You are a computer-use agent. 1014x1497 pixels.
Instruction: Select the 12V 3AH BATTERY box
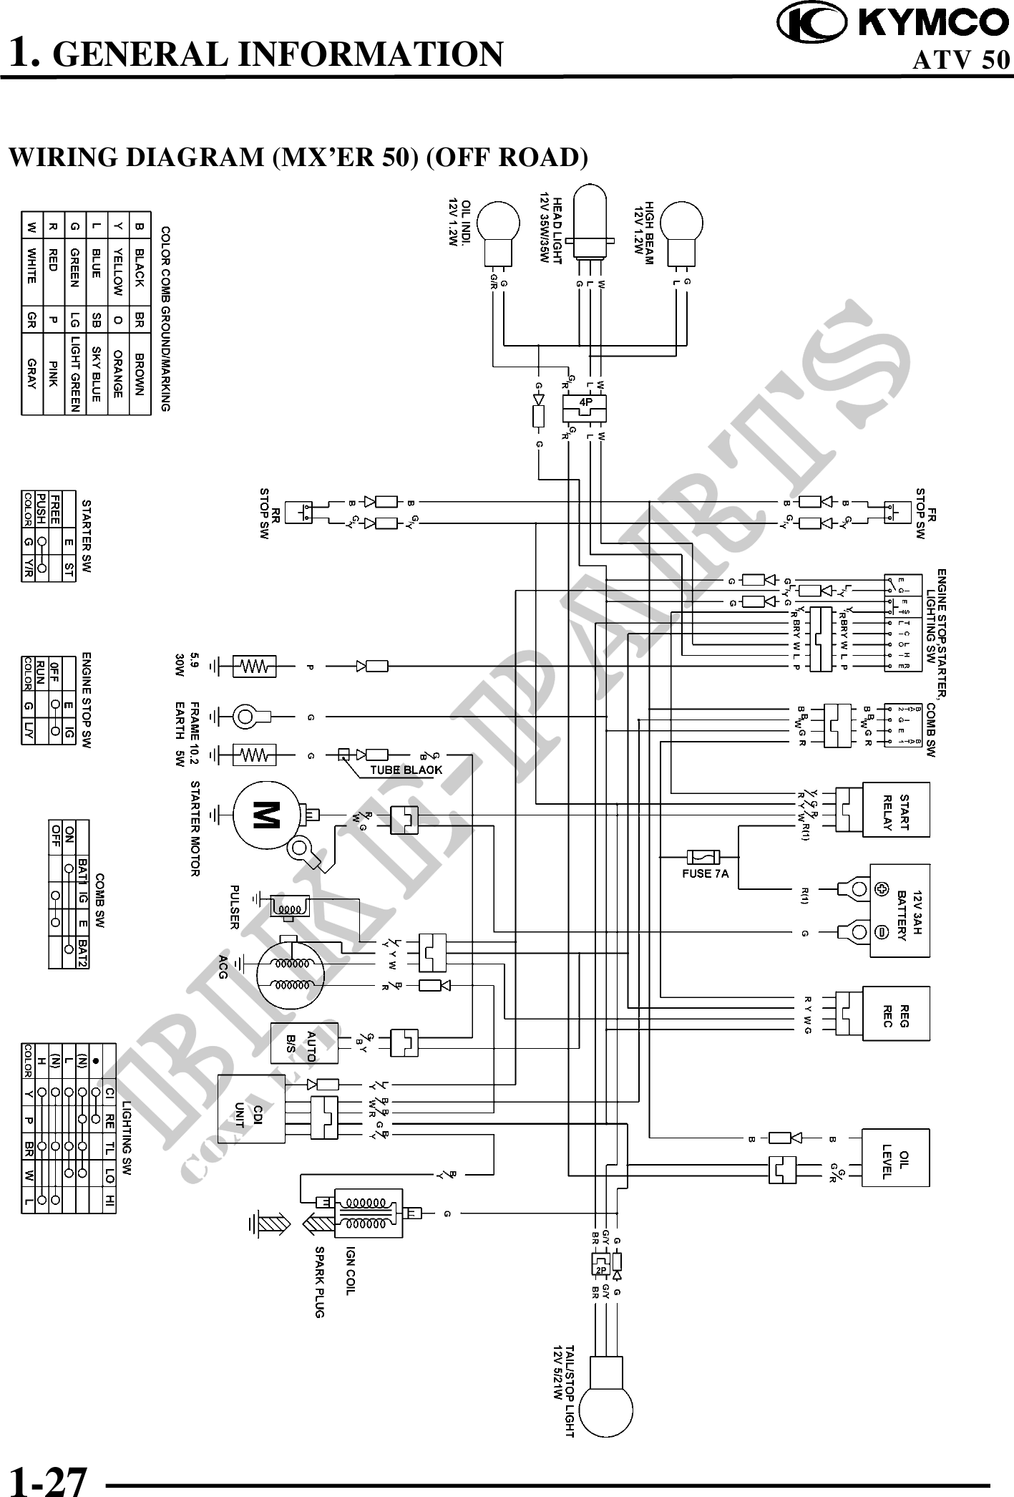pyautogui.click(x=899, y=910)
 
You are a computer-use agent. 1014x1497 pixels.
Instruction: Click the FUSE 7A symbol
pyautogui.click(x=703, y=856)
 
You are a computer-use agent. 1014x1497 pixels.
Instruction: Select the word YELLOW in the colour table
pyautogui.click(x=118, y=274)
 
